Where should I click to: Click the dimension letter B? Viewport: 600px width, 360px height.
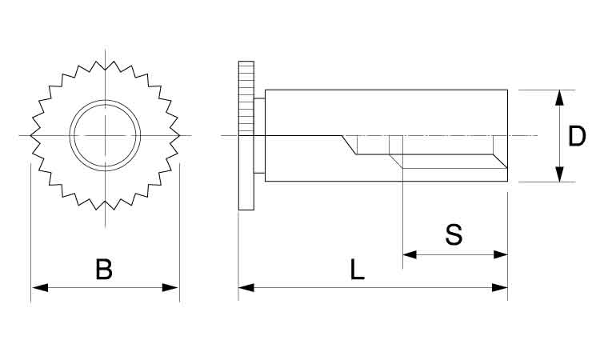coord(104,269)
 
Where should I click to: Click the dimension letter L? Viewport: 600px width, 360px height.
coord(358,270)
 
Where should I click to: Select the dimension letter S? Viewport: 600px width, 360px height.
coord(454,235)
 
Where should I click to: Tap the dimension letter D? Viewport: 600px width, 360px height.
coord(577,136)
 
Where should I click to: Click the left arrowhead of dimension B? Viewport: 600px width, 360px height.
coord(40,287)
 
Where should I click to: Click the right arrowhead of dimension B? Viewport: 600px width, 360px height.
coord(170,287)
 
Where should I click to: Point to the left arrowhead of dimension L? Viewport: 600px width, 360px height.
coord(246,287)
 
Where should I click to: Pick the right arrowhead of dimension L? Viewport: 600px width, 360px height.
coord(499,287)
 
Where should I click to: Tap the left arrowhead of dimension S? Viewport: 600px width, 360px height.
coord(410,254)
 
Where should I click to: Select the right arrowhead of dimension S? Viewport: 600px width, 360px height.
coord(500,254)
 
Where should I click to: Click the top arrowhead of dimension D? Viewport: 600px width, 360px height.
coord(559,98)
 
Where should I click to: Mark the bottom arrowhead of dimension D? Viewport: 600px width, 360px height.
coord(559,174)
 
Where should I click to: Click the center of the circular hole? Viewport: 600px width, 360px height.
coord(106,135)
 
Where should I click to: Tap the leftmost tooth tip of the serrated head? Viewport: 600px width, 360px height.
coord(30,135)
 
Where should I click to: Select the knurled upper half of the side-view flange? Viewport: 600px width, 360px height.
coord(246,98)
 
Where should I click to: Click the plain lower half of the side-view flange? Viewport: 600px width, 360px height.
coord(246,173)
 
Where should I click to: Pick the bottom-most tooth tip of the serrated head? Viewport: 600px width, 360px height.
coord(106,210)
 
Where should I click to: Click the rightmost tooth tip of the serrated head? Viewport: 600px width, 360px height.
coord(179,135)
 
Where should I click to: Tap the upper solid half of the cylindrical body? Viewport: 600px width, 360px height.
coord(386,113)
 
